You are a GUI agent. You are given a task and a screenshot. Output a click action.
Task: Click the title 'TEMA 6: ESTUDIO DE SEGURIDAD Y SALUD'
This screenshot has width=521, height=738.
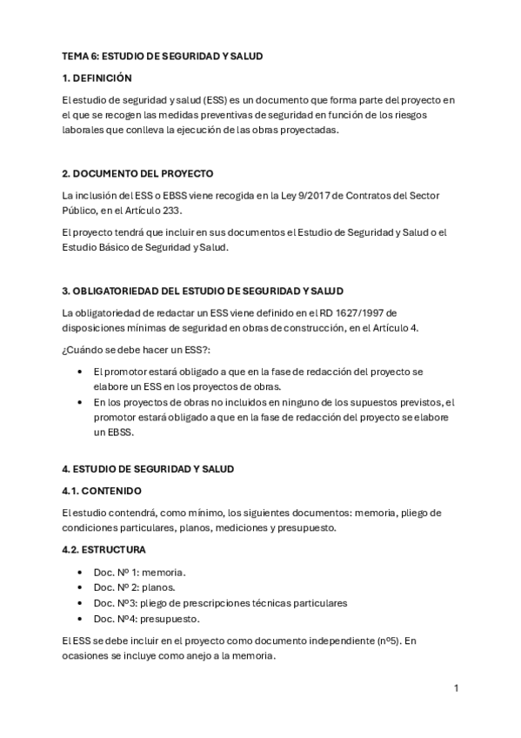tap(162, 56)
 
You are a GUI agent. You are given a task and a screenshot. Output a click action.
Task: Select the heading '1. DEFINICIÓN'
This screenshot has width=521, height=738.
tap(97, 77)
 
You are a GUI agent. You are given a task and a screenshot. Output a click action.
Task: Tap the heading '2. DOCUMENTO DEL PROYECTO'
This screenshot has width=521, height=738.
tap(137, 173)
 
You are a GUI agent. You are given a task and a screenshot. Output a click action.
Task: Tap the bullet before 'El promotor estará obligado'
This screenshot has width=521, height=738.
tap(80, 372)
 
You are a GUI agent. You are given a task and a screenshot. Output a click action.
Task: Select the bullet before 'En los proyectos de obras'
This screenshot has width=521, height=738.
tap(80, 402)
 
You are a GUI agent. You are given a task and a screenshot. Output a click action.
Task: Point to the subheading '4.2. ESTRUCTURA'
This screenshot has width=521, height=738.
tap(104, 550)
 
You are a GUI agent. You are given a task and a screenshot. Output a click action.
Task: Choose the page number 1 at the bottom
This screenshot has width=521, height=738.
tap(456, 688)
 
